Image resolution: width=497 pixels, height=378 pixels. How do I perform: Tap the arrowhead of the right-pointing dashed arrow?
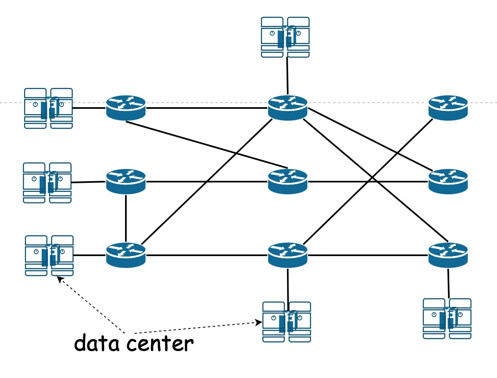coord(259,322)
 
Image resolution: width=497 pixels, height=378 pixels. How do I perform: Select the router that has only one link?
coord(448,108)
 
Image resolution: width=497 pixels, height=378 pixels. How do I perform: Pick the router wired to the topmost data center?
coord(287,108)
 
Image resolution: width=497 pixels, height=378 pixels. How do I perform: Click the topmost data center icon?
coord(285,37)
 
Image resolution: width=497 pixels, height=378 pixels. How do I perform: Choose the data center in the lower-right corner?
coord(447,319)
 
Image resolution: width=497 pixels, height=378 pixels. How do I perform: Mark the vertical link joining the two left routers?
coord(126,218)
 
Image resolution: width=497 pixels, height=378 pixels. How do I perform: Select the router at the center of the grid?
coord(287,181)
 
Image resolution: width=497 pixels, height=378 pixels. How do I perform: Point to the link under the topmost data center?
coord(287,76)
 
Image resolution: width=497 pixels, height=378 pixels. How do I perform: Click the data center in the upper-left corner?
coord(48,108)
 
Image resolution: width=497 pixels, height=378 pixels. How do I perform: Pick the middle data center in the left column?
coord(47,182)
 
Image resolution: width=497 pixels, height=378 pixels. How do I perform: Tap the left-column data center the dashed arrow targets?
coord(49,256)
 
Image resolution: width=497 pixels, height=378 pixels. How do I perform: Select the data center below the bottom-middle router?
coord(286,322)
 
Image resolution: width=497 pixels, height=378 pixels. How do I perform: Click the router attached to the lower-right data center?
coord(448,255)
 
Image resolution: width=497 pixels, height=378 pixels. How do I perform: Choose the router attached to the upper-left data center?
coord(126,108)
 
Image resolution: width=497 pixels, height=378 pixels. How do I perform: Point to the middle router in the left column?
coord(126,181)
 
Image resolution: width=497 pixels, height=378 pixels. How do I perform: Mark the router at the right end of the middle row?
coord(448,181)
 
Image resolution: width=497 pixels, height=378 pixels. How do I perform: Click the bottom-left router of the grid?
coord(126,255)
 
